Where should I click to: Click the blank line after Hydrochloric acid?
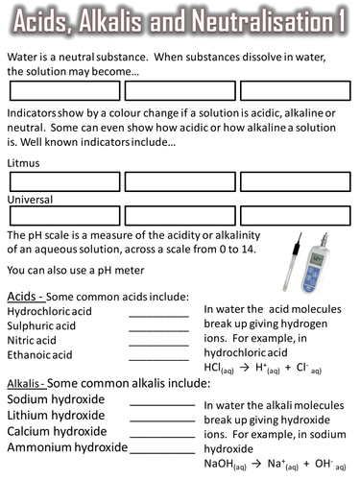coord(158,316)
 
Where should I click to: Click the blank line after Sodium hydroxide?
coord(161,404)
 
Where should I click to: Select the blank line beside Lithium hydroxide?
coord(161,420)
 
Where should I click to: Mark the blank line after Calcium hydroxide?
coord(161,435)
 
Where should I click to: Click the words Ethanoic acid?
coord(40,354)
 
